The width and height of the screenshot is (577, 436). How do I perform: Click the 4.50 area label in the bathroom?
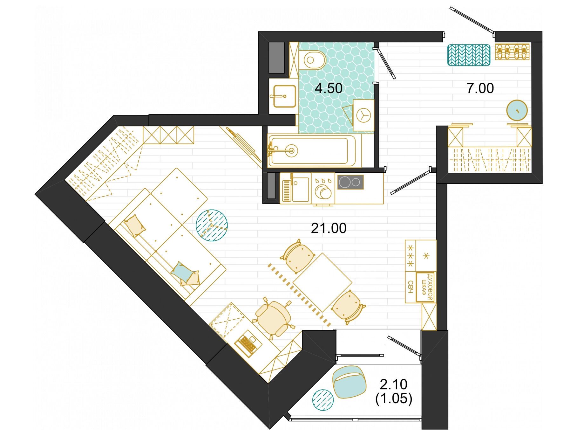pos(329,88)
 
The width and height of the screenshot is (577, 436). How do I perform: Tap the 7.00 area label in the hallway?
pos(480,88)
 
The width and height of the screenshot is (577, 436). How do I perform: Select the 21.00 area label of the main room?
pos(329,228)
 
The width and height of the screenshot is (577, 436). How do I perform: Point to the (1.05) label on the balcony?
pos(394,398)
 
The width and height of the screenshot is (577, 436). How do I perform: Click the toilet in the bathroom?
pos(312,59)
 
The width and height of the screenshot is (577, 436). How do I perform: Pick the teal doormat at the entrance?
pos(469,55)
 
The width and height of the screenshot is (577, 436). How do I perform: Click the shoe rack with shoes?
pos(512,52)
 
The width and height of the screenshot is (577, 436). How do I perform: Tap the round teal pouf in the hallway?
pos(517,110)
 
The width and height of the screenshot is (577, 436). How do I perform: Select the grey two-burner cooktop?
pos(350,182)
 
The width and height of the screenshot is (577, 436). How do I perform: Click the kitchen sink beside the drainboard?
pos(300,190)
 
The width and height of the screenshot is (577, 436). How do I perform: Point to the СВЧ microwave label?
pos(410,287)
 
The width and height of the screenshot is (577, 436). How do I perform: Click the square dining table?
pos(322,282)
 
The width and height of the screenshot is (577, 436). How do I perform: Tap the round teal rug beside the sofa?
pos(212,225)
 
